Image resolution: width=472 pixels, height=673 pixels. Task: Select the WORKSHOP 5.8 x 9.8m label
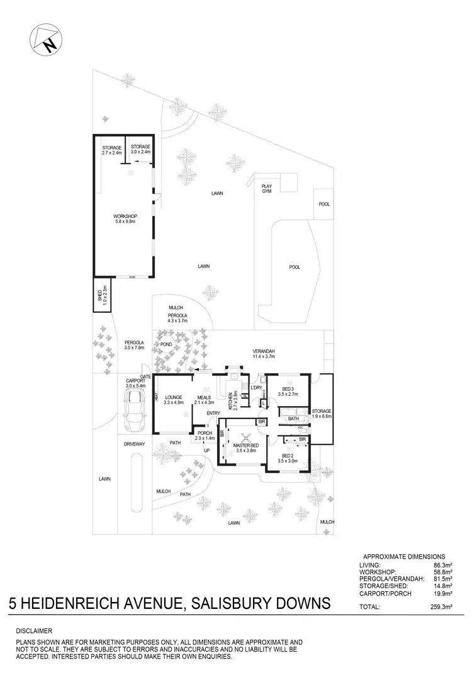(x=126, y=219)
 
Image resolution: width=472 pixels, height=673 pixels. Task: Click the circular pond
(x=167, y=345)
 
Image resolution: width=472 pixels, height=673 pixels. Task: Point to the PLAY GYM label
(x=267, y=189)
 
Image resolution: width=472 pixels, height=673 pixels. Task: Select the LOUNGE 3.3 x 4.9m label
(x=173, y=400)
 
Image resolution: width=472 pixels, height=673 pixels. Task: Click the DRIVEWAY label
(x=134, y=444)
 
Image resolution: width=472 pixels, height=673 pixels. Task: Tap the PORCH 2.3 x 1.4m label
(x=205, y=435)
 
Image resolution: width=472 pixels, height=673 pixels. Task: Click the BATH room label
(x=293, y=419)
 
